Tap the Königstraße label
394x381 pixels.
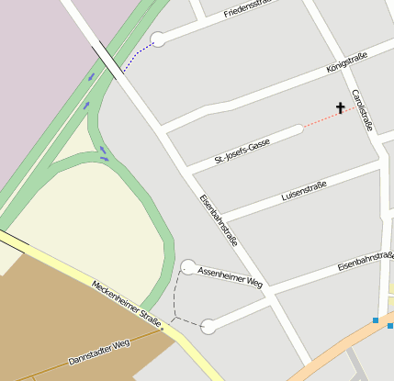coord(347,63)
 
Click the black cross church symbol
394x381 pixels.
coord(340,108)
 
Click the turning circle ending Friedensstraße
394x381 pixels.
coord(158,39)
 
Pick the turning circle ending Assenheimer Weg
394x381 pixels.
coord(188,267)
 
